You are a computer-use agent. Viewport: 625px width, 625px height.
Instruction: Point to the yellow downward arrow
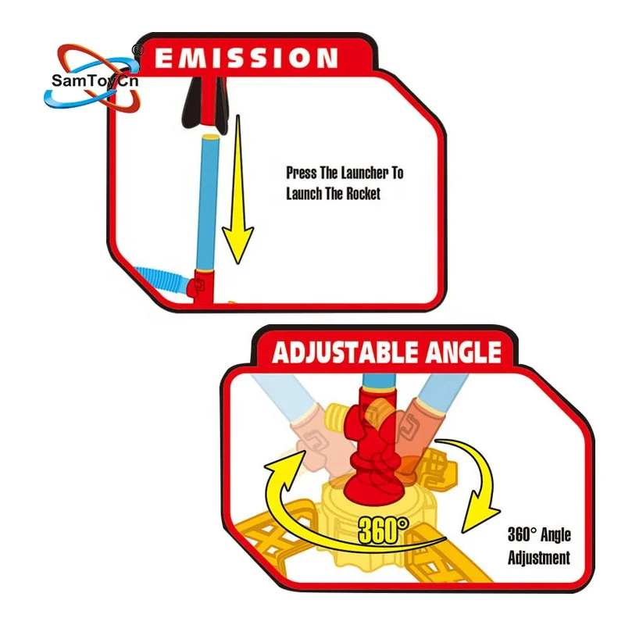[x=237, y=203]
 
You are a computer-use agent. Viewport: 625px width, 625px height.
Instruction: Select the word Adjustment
[x=539, y=558]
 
